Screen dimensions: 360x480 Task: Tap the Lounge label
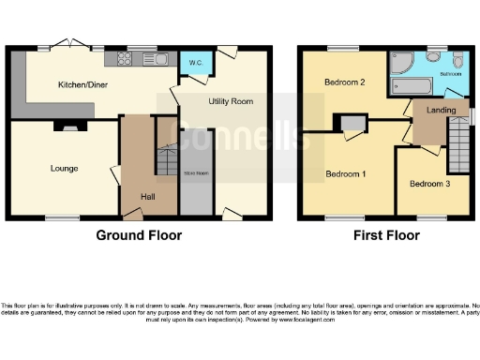coord(65,169)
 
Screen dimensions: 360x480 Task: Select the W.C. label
coord(196,64)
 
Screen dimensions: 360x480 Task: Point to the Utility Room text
coord(231,100)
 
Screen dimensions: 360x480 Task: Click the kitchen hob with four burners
coord(123,60)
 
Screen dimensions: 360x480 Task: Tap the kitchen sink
coord(154,60)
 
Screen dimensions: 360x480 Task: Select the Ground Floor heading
coord(139,235)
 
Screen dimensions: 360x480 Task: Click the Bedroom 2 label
coord(344,82)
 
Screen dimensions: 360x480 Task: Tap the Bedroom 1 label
coord(345,174)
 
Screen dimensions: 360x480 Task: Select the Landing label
coord(441,110)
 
